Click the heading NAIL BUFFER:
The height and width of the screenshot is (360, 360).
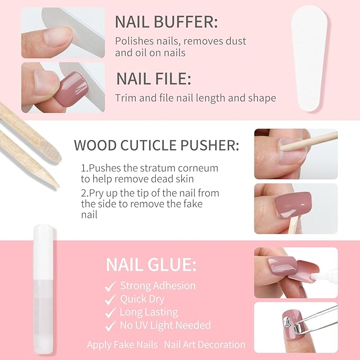pyautogui.click(x=166, y=23)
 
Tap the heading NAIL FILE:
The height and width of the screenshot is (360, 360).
pyautogui.click(x=154, y=80)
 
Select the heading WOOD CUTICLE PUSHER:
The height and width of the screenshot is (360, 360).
pyautogui.click(x=156, y=145)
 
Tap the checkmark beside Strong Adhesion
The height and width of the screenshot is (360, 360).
pyautogui.click(x=111, y=286)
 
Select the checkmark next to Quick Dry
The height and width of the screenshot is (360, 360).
pyautogui.click(x=111, y=300)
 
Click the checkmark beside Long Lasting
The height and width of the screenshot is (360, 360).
pyautogui.click(x=111, y=313)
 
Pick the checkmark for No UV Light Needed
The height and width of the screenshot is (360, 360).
pyautogui.click(x=111, y=326)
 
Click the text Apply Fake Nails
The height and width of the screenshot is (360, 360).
pyautogui.click(x=122, y=345)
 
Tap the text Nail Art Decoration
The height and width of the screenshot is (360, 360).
pyautogui.click(x=205, y=345)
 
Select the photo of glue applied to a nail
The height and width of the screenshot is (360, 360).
pyautogui.click(x=295, y=273)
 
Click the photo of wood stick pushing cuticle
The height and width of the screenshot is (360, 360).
pyautogui.click(x=295, y=154)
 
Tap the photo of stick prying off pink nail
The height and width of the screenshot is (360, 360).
pyautogui.click(x=295, y=208)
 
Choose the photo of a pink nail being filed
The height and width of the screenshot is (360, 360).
pyautogui.click(x=63, y=87)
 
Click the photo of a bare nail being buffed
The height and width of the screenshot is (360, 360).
pyautogui.click(x=63, y=33)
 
